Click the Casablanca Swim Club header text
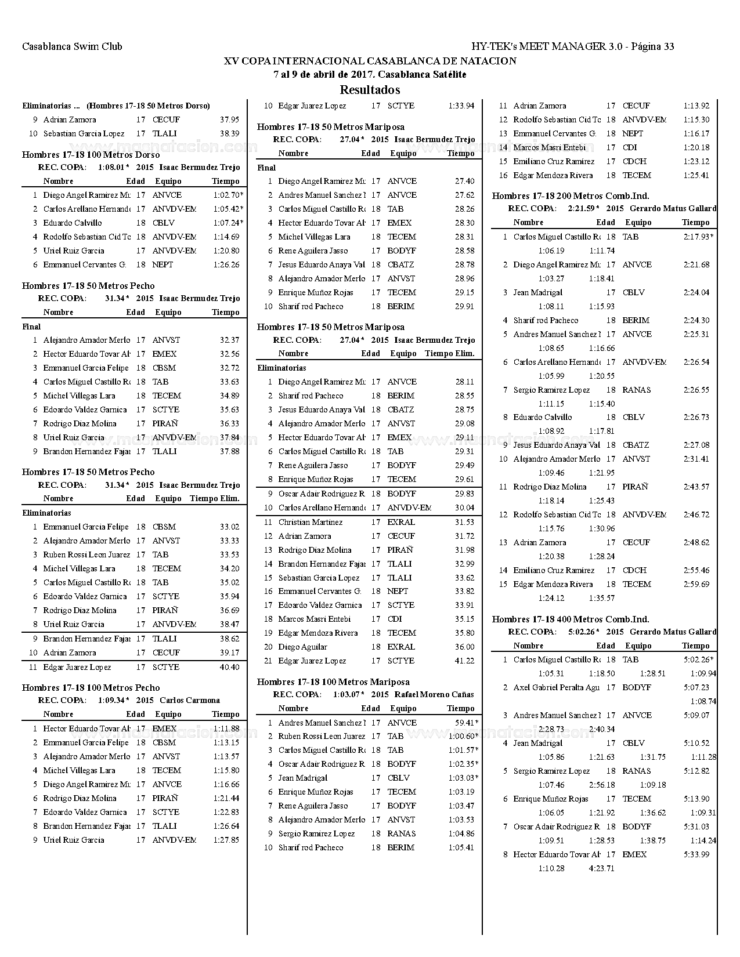(72, 46)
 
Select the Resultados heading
(370, 90)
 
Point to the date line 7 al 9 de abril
(370, 74)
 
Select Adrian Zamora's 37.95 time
(229, 120)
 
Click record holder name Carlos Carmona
(190, 700)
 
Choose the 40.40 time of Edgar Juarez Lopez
(229, 667)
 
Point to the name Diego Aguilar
(302, 647)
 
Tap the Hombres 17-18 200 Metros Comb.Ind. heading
(571, 196)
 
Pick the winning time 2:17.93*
(698, 237)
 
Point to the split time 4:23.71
(601, 868)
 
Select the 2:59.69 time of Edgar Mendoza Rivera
(696, 584)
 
